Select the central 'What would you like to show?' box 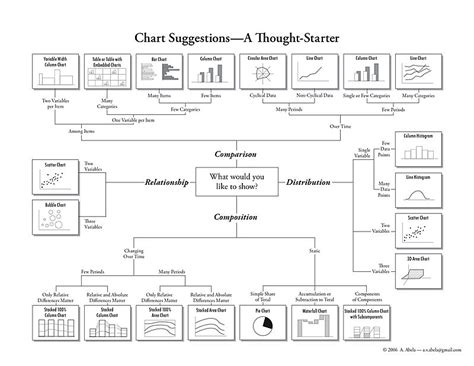(x=238, y=181)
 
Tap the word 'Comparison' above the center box (x=238, y=154)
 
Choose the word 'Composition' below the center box (x=238, y=215)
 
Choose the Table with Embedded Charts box (x=106, y=73)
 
